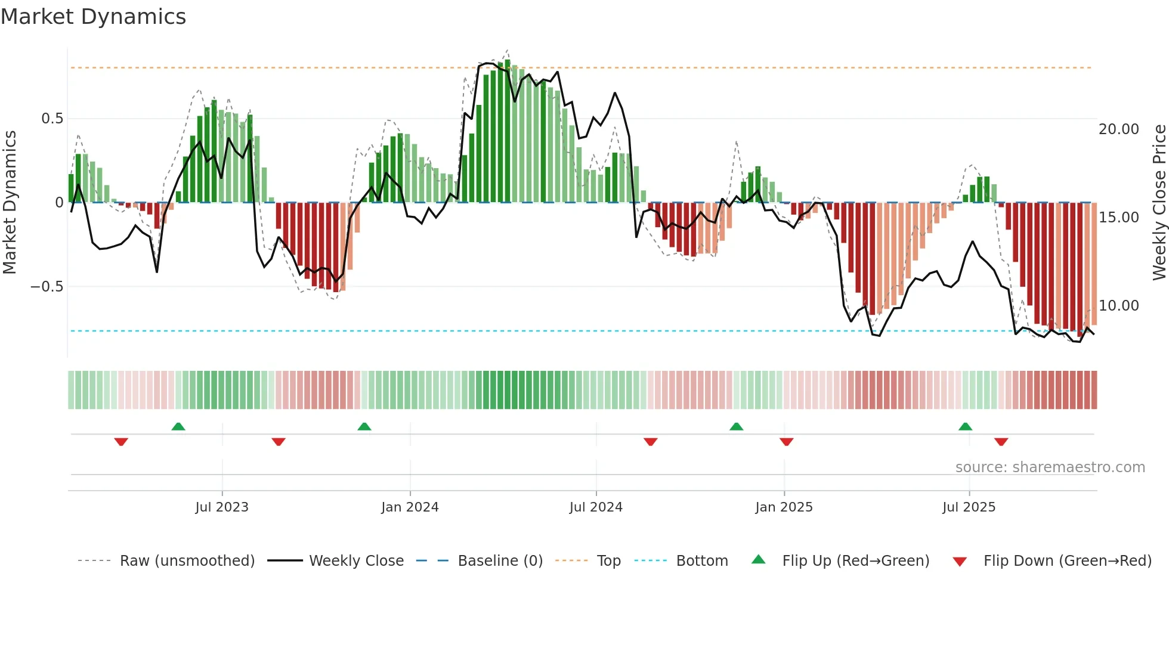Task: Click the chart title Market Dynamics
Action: click(93, 17)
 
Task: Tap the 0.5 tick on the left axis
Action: click(52, 119)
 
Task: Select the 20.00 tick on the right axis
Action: click(1118, 129)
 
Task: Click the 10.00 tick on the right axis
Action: click(1118, 306)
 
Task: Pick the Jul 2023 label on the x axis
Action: click(222, 507)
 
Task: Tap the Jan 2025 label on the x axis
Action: click(784, 507)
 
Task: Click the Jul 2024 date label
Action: click(596, 507)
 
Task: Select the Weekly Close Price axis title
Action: click(1159, 202)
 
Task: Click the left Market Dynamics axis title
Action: click(10, 202)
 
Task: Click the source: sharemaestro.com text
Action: click(1050, 467)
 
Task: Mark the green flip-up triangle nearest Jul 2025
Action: click(965, 427)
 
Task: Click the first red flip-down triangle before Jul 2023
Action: click(121, 442)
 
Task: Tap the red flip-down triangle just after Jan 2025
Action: click(786, 442)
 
